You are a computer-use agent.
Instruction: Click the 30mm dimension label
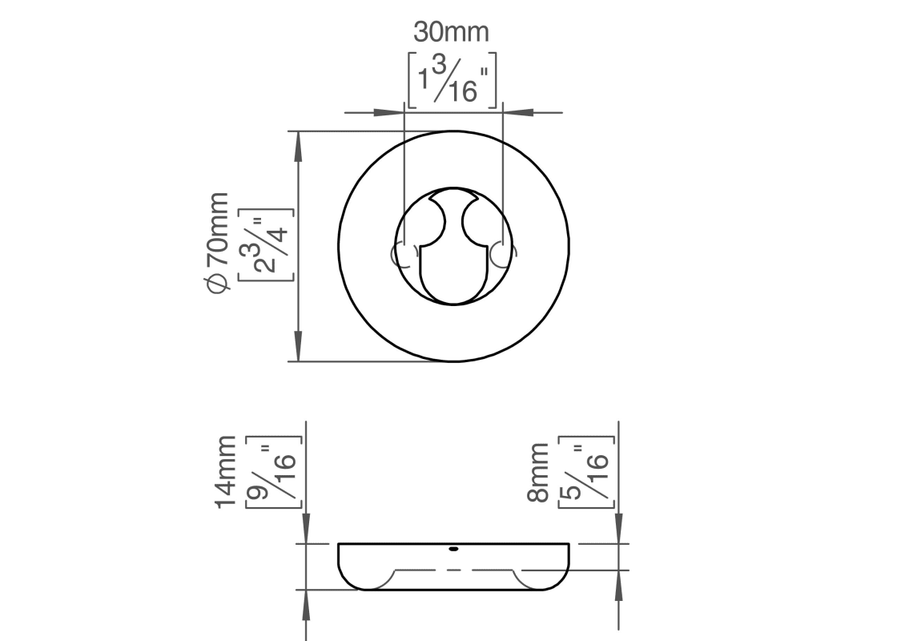451,32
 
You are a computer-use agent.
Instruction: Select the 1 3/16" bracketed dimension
452,79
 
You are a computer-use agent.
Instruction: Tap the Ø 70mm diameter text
218,243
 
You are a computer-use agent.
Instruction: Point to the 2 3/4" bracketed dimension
265,244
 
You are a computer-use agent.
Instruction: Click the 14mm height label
226,472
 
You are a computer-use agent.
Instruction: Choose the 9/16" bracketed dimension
274,472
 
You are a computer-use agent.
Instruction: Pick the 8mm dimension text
538,473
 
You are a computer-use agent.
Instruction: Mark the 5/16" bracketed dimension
586,472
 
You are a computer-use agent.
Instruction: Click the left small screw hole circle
404,256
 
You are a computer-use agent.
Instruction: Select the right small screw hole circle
503,256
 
